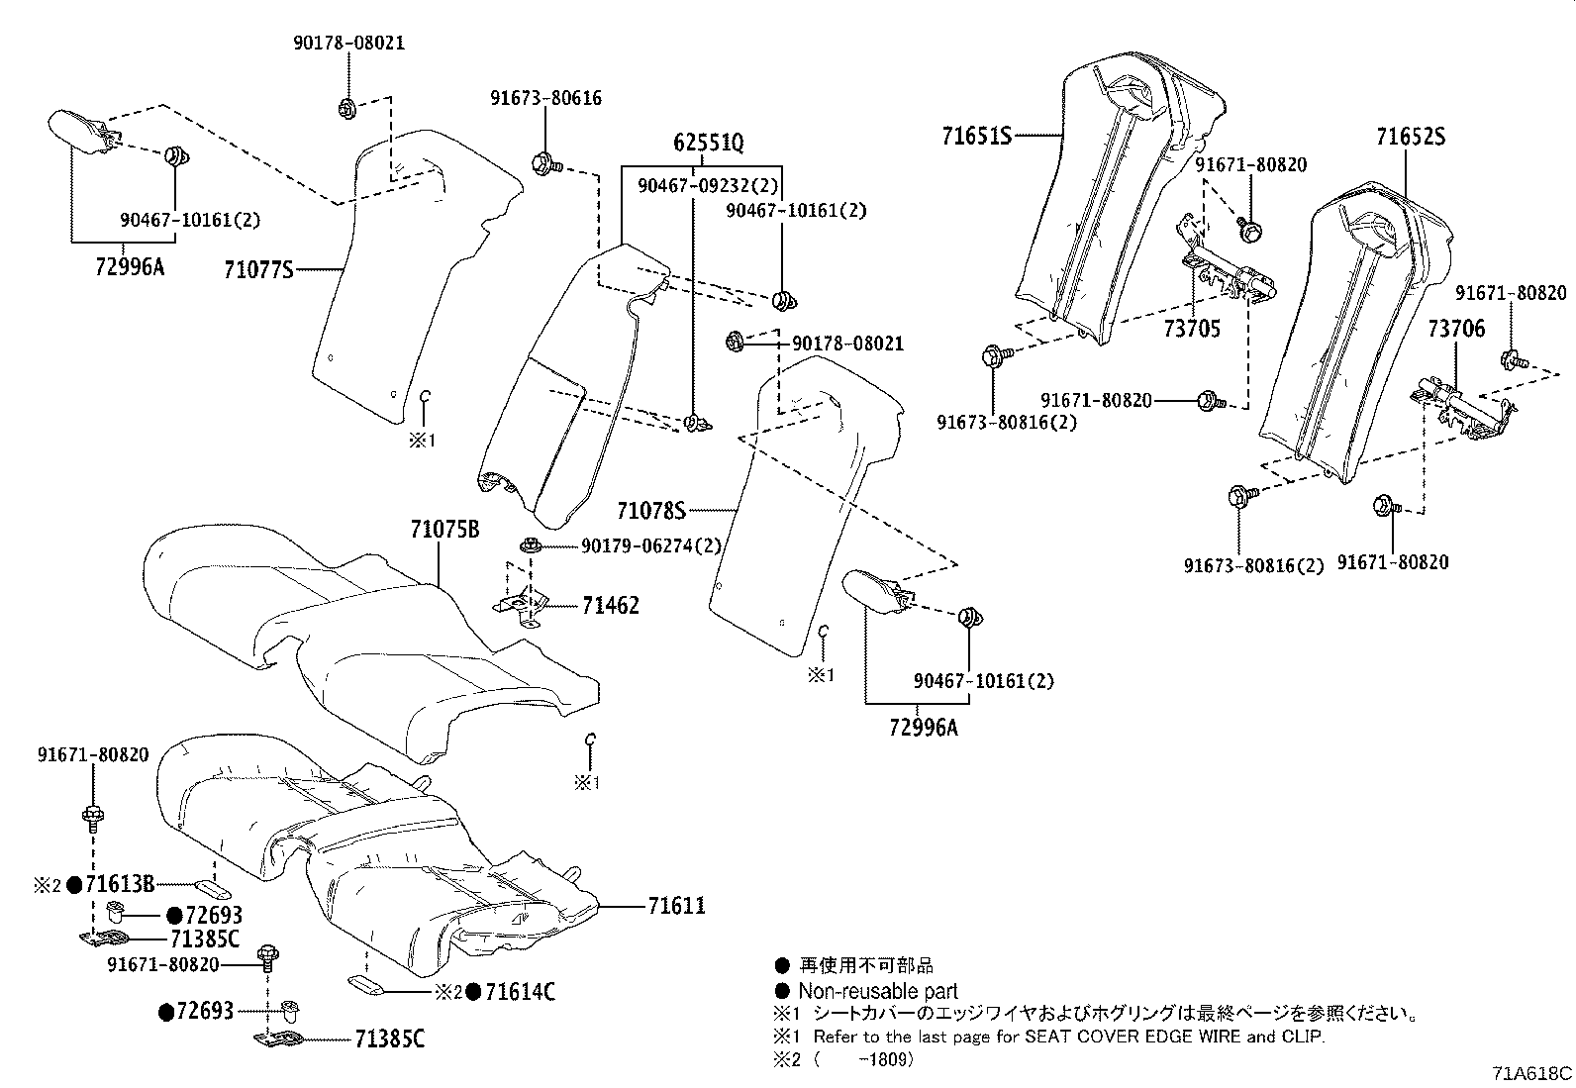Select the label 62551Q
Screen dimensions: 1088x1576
[709, 143]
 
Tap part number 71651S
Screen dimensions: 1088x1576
[976, 136]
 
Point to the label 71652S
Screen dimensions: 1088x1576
[1410, 137]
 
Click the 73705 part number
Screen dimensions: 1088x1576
[1192, 329]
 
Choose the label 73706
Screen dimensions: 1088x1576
[1456, 329]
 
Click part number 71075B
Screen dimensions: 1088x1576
[444, 530]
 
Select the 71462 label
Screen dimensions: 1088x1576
[610, 605]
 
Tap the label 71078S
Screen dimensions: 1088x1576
[651, 511]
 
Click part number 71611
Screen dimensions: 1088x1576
[677, 905]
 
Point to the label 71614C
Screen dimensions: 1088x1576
[520, 991]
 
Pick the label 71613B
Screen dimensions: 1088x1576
[120, 884]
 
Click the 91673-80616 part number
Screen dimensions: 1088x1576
[545, 98]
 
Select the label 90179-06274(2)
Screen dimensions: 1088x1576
[650, 545]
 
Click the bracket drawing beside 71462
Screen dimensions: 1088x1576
[522, 605]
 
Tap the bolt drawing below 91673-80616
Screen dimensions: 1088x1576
[545, 162]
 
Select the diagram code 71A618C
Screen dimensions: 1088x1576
[1532, 1073]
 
